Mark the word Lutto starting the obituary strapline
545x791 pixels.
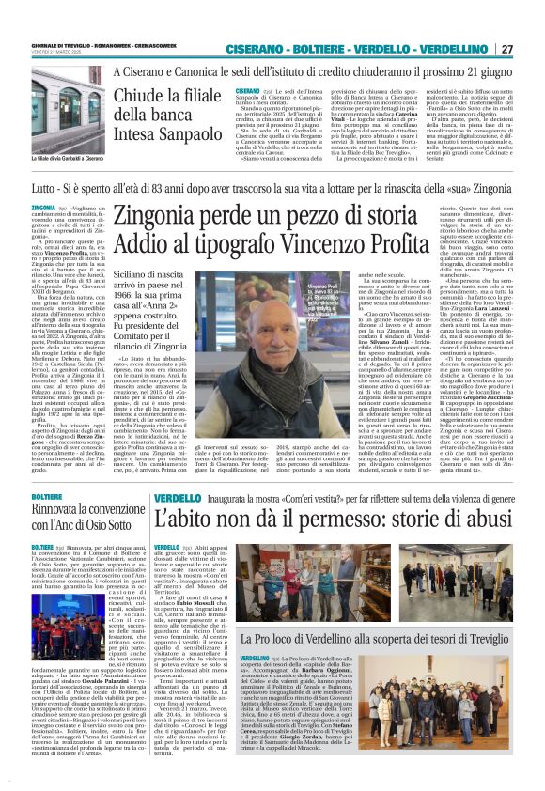coord(40,189)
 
